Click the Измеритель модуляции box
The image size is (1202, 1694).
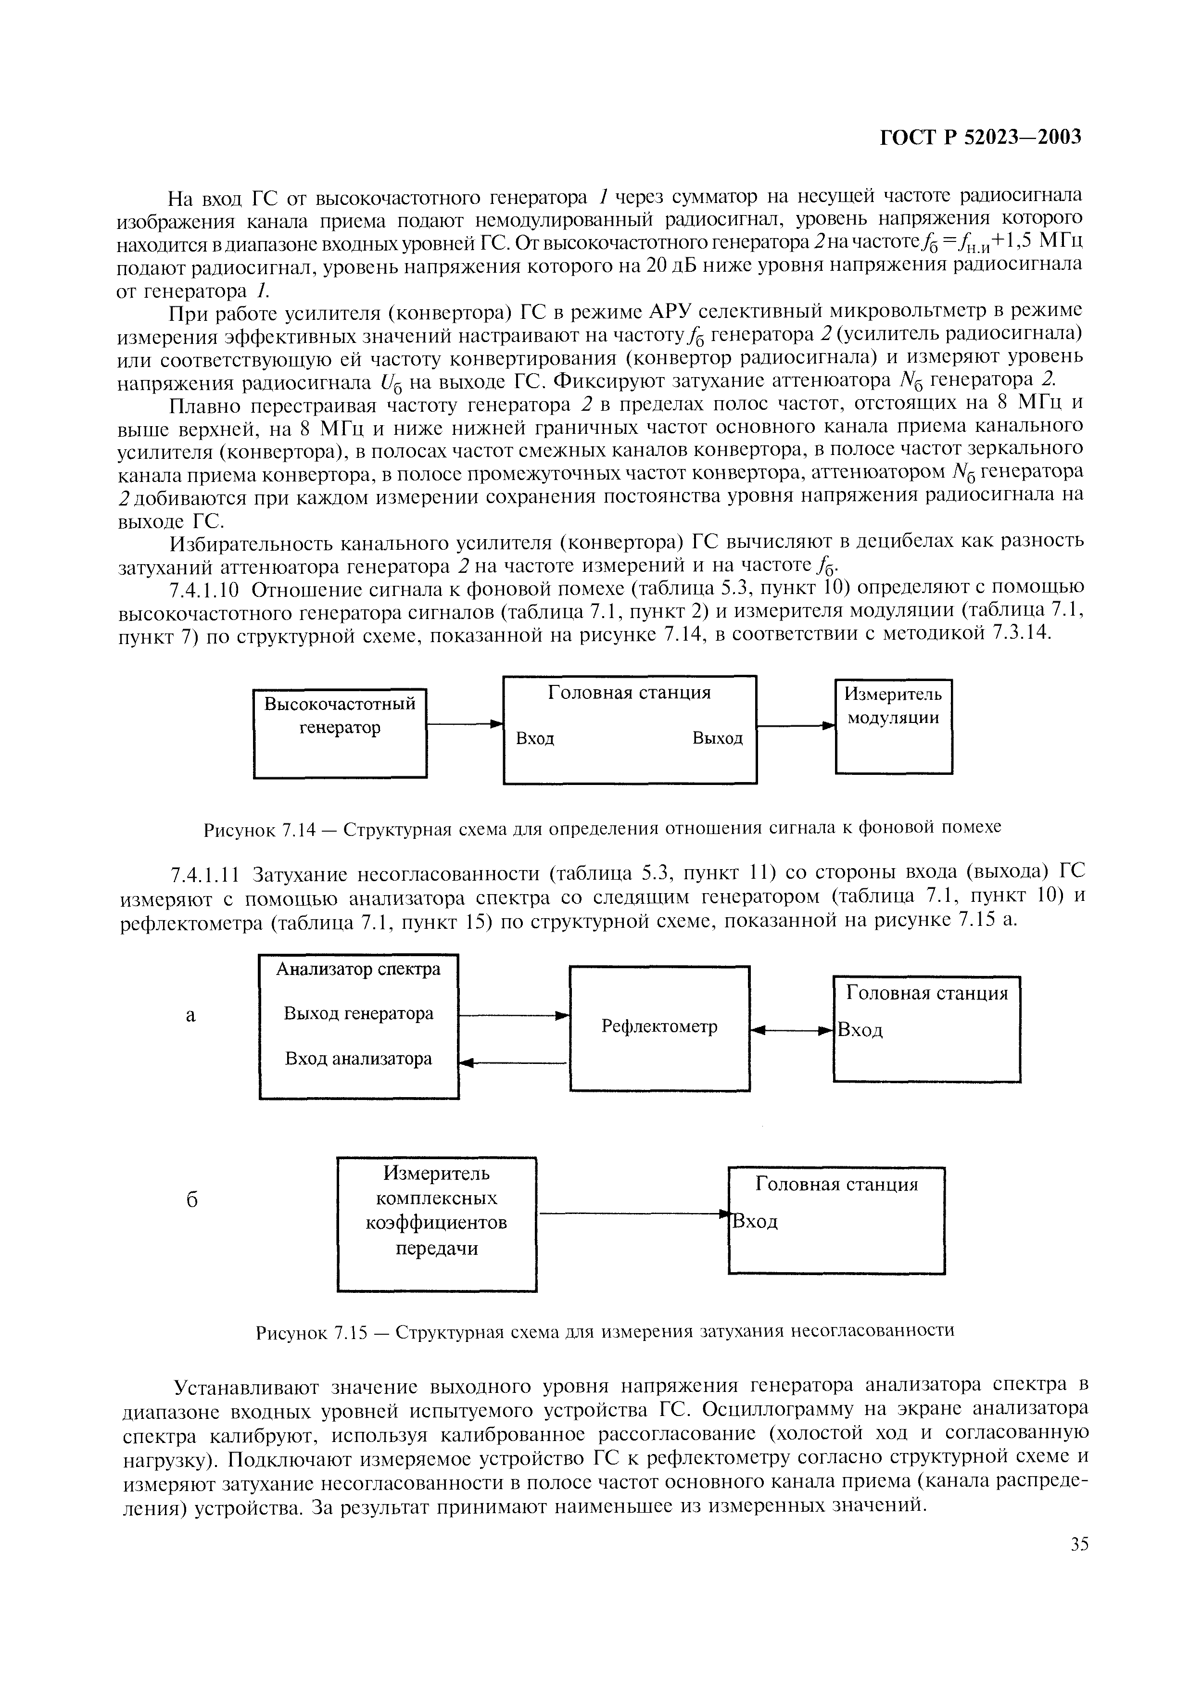893,726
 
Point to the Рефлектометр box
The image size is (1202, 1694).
659,1028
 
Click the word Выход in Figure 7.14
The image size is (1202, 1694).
717,739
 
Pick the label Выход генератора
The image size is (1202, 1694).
358,1013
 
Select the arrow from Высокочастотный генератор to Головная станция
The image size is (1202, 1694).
465,724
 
